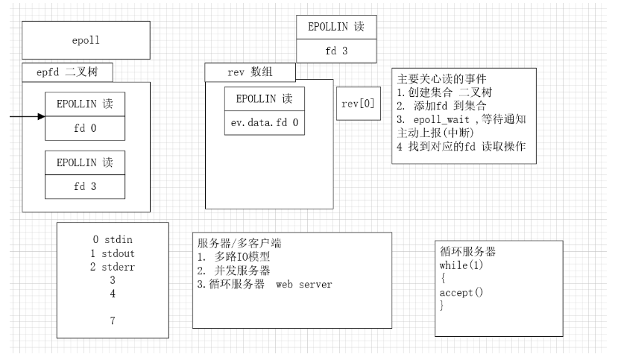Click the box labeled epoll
pyautogui.click(x=65, y=41)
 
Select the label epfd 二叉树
pyautogui.click(x=68, y=72)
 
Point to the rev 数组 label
pyautogui.click(x=250, y=72)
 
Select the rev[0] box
pyautogui.click(x=358, y=103)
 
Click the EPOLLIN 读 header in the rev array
pyautogui.click(x=265, y=98)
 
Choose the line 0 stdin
pyautogui.click(x=113, y=240)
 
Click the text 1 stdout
pyautogui.click(x=113, y=253)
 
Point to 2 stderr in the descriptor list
pyautogui.click(x=113, y=267)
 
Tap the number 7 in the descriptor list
pyautogui.click(x=113, y=321)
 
